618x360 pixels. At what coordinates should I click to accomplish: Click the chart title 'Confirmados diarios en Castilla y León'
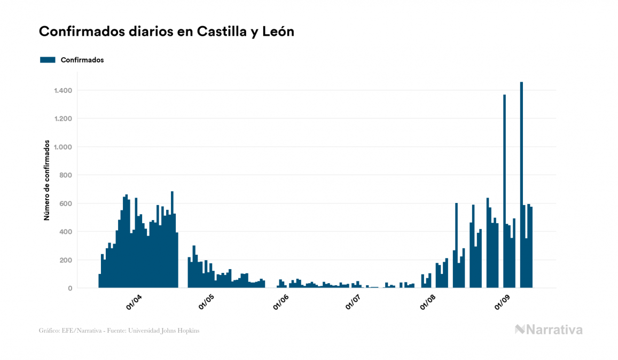[x=167, y=32]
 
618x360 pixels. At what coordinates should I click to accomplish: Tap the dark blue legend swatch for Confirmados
[x=48, y=60]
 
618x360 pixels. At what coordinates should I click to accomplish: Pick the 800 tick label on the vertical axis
[x=66, y=175]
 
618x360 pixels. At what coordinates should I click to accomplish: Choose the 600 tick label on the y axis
[x=66, y=204]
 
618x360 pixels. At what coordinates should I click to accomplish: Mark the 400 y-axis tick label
[x=66, y=232]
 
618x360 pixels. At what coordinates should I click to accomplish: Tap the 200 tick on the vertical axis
[x=66, y=260]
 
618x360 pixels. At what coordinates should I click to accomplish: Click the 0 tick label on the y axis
[x=70, y=288]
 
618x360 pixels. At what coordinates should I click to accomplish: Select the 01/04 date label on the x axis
[x=134, y=303]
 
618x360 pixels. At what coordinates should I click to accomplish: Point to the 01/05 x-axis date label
[x=206, y=303]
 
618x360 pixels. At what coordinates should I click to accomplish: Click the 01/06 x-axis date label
[x=280, y=303]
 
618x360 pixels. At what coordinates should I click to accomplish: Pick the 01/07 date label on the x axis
[x=353, y=303]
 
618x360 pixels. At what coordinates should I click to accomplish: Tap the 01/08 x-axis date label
[x=428, y=303]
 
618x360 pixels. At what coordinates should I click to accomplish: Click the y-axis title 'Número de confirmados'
[x=47, y=181]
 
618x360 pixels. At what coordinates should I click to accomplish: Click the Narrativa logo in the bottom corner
[x=549, y=330]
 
